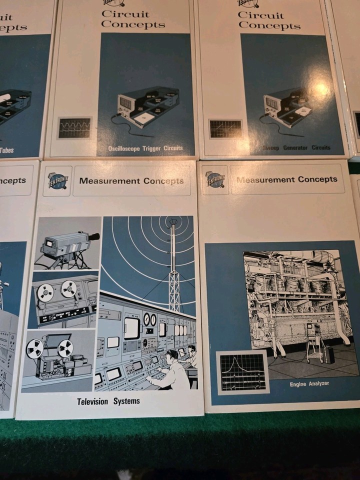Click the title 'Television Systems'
(108, 401)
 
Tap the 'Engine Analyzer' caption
(309, 384)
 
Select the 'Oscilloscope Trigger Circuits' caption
(145, 148)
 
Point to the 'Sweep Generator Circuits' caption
(296, 147)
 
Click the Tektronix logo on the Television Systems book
(57, 180)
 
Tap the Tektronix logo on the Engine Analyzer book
(215, 179)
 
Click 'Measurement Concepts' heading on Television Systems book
(131, 181)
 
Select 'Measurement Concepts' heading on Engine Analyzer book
(287, 179)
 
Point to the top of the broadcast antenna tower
(173, 221)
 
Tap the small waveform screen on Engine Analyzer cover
(242, 372)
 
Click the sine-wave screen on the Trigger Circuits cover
(75, 128)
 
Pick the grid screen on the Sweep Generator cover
(225, 128)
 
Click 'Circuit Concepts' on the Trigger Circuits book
(133, 18)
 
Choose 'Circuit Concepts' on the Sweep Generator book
(269, 19)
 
